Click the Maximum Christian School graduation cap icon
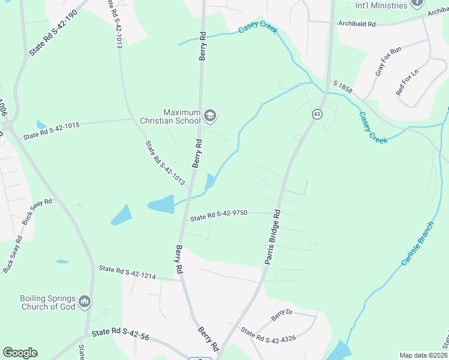coord(209,115)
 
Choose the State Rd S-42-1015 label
coord(52,132)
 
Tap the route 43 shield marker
coord(316,113)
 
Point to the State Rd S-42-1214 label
coord(127,272)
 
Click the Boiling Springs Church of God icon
coord(84,301)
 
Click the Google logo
coord(20,353)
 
